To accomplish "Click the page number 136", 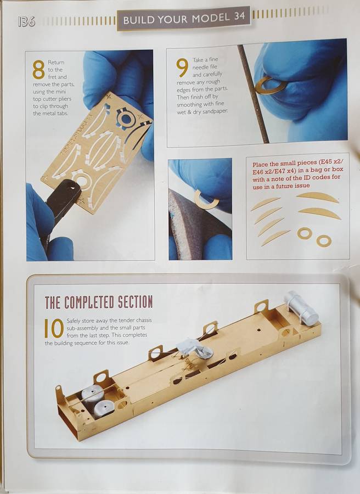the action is (x=26, y=21).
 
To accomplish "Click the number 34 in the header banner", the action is (x=239, y=16).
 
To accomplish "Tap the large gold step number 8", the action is (x=38, y=69).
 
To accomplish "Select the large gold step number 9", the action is (x=182, y=68).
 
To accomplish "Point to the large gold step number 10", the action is (x=54, y=328).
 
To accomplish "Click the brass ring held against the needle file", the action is (x=270, y=86).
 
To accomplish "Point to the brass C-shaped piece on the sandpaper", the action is (x=206, y=200).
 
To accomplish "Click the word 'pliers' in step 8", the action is (x=65, y=99).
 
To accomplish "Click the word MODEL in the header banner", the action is (x=211, y=18).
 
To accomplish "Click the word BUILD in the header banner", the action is (x=138, y=20).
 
